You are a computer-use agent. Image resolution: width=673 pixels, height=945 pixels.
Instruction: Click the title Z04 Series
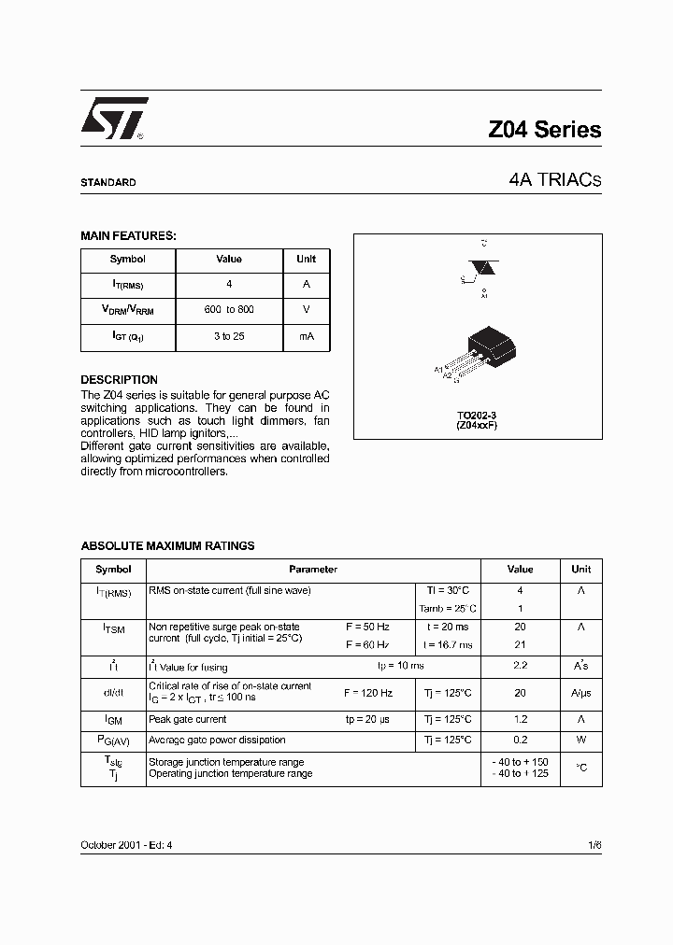click(544, 131)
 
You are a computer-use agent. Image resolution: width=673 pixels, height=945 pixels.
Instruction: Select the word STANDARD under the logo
click(108, 183)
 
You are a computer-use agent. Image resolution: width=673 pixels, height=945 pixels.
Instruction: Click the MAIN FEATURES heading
click(128, 236)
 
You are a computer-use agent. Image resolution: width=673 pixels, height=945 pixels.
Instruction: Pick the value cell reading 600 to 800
click(229, 310)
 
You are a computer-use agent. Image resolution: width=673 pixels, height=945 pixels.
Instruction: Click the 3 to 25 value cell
click(229, 336)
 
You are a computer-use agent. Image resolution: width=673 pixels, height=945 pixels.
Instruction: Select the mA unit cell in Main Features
click(306, 336)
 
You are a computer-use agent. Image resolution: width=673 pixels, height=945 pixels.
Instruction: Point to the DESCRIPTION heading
click(119, 380)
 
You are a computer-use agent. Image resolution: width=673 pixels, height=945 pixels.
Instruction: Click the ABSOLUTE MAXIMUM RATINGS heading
click(167, 546)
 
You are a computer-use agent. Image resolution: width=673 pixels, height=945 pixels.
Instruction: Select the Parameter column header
click(313, 570)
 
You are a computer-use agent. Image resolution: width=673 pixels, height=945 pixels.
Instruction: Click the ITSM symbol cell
click(113, 629)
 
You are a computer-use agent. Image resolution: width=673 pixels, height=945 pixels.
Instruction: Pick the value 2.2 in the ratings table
click(520, 666)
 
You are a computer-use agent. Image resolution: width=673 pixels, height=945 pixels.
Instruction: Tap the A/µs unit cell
click(580, 694)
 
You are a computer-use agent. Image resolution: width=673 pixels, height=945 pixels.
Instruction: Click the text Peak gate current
click(187, 720)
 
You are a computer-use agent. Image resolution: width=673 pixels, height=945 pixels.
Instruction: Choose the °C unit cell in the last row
click(580, 768)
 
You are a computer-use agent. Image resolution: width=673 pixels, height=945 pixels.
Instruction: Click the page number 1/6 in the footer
click(594, 844)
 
